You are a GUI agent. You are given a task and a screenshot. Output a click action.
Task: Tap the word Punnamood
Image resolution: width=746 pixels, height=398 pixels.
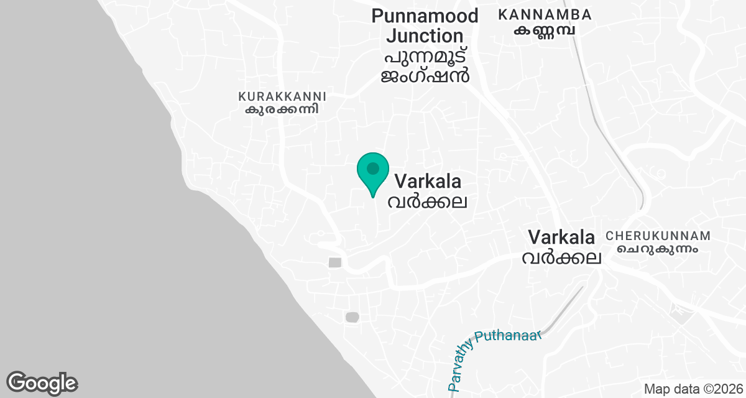click(x=425, y=16)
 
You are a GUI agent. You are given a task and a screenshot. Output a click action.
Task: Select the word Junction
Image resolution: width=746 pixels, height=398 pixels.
click(x=425, y=35)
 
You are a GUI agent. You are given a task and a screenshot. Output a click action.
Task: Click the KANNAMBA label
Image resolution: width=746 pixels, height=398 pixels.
click(x=545, y=14)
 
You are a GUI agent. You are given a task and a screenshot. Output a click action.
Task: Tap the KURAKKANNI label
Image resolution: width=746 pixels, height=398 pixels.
click(x=282, y=97)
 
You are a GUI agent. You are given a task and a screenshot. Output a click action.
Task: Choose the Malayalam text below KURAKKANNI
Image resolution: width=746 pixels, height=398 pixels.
click(x=282, y=109)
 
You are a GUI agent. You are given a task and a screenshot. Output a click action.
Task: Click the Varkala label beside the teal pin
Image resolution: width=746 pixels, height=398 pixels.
click(x=428, y=182)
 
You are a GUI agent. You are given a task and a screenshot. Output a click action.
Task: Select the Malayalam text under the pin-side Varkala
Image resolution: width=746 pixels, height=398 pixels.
click(x=428, y=201)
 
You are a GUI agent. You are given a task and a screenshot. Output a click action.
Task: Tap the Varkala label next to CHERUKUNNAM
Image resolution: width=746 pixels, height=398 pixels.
click(x=561, y=237)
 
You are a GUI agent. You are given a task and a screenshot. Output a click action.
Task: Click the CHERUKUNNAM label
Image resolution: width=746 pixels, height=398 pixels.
click(x=658, y=236)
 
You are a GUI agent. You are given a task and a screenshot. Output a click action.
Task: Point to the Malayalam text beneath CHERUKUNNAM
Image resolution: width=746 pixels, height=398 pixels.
click(x=658, y=249)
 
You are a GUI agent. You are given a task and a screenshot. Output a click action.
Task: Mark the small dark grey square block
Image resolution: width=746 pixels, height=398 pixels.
click(x=335, y=262)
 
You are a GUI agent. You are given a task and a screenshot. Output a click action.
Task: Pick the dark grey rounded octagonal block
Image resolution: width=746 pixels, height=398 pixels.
click(x=352, y=317)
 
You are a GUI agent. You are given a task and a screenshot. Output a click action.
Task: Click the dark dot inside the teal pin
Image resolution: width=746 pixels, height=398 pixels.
click(x=373, y=168)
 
